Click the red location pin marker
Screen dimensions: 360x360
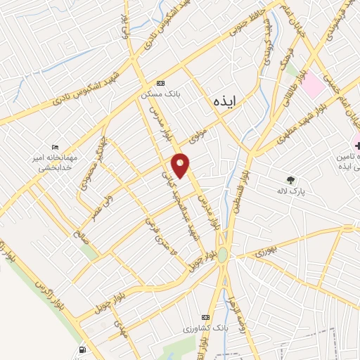click(x=181, y=165)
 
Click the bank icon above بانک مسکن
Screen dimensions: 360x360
click(x=161, y=82)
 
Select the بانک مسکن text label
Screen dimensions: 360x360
click(x=158, y=94)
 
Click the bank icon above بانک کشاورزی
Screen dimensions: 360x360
click(x=205, y=317)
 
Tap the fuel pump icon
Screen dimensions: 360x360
click(x=84, y=349)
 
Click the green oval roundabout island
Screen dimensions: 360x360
click(x=223, y=255)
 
